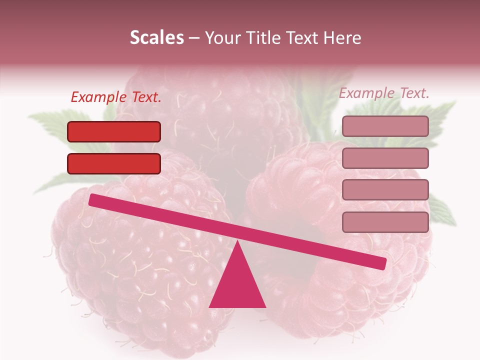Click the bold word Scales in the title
coord(157,38)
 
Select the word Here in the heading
coord(342,38)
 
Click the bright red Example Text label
coord(116,97)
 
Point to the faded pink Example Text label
coord(384,93)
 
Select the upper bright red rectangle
coord(114,131)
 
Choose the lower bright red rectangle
coord(114,163)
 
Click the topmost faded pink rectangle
coord(385,126)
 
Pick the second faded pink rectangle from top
coord(385,158)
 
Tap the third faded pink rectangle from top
coord(385,189)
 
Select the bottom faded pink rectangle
coord(385,222)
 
